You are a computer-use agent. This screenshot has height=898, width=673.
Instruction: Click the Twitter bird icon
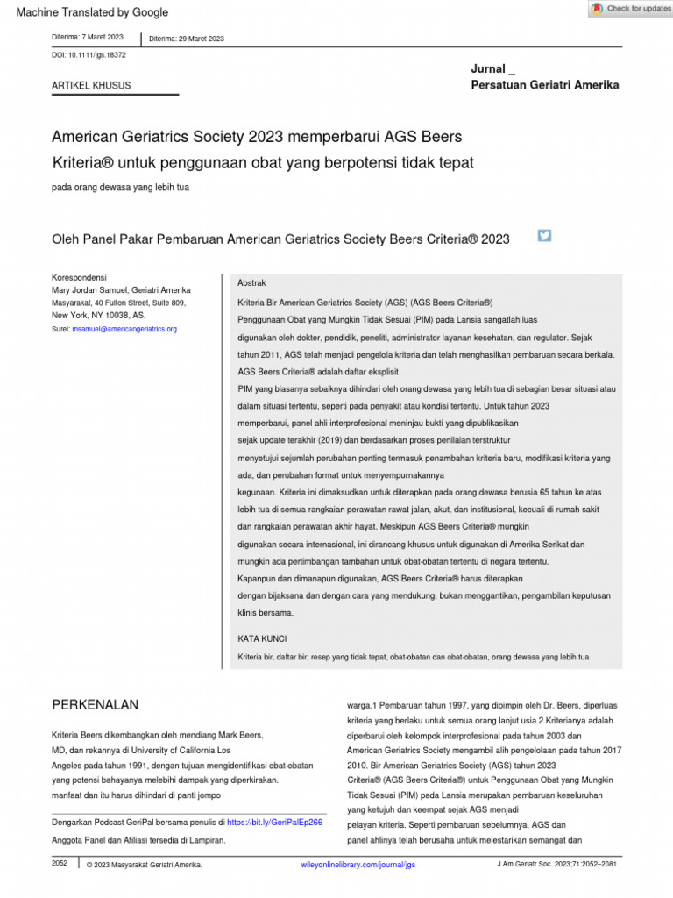point(544,235)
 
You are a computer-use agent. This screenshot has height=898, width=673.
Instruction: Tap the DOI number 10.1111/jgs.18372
point(99,54)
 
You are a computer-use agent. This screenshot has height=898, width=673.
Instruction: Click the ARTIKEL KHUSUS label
point(91,86)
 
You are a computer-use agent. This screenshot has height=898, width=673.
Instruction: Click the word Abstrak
point(252,283)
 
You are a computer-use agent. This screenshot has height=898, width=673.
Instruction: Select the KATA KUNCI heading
point(262,638)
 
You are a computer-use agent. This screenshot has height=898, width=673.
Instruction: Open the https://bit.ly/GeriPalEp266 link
point(274,823)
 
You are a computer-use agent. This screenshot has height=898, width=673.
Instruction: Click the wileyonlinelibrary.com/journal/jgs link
point(357,865)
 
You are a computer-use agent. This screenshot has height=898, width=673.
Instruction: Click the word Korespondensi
point(79,277)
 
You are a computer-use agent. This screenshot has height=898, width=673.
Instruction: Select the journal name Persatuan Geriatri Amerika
point(544,85)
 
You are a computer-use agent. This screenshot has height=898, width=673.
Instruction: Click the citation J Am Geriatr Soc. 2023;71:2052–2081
point(556,865)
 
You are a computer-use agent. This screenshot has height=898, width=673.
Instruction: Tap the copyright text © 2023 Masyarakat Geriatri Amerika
point(144,865)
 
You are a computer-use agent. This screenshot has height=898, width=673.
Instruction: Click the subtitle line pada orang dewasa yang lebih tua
point(120,187)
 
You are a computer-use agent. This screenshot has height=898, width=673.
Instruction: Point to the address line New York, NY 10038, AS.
point(98,315)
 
